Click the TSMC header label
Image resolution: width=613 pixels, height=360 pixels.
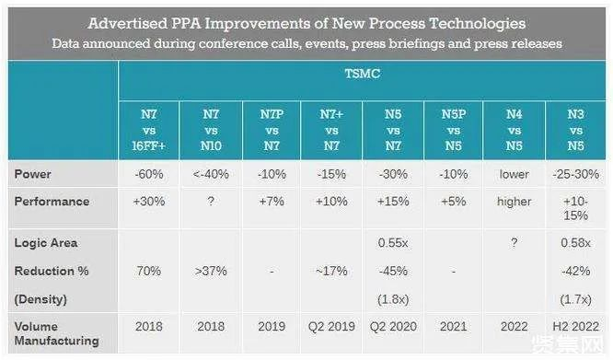pyautogui.click(x=363, y=74)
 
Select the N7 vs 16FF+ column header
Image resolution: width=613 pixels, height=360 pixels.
pyautogui.click(x=149, y=130)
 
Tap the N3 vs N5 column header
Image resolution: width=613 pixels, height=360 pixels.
pyautogui.click(x=575, y=130)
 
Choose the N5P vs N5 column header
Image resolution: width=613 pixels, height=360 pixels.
pyautogui.click(x=454, y=130)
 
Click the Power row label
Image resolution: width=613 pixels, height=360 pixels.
pyautogui.click(x=33, y=174)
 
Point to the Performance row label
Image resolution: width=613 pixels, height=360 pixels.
pyautogui.click(x=52, y=202)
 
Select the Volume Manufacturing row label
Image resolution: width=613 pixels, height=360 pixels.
pyautogui.click(x=57, y=333)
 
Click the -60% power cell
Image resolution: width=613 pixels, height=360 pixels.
pyautogui.click(x=149, y=174)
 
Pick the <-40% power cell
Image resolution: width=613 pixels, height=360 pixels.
pyautogui.click(x=211, y=174)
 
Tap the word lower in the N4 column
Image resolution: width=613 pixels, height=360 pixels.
pyautogui.click(x=515, y=174)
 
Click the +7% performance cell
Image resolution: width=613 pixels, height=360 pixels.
pyautogui.click(x=272, y=202)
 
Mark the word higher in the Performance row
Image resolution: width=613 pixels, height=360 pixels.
pyautogui.click(x=515, y=202)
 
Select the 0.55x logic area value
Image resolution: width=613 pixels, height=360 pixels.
pyautogui.click(x=393, y=243)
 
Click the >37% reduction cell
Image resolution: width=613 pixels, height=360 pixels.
pyautogui.click(x=211, y=271)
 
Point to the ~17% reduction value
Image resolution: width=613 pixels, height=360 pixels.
pyautogui.click(x=331, y=271)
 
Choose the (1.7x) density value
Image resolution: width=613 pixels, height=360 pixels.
pyautogui.click(x=575, y=299)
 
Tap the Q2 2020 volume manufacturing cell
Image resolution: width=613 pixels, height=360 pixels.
pyautogui.click(x=393, y=326)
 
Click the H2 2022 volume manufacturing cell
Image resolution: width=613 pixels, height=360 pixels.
pyautogui.click(x=575, y=326)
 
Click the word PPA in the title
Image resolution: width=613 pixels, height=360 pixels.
pyautogui.click(x=186, y=23)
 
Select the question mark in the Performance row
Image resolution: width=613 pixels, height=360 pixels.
pyautogui.click(x=211, y=202)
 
